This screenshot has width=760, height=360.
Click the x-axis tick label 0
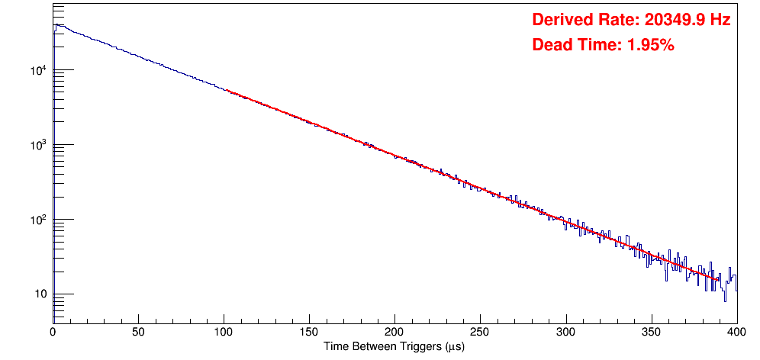[53, 332]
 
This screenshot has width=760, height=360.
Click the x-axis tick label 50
[138, 332]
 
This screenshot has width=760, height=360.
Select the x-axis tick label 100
[224, 332]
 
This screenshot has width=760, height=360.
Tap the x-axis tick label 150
[309, 332]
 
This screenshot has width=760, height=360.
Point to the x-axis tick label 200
[394, 332]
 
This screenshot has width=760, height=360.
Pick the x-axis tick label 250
[480, 332]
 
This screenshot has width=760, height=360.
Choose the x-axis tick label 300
[565, 332]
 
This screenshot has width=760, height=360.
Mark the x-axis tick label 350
[651, 332]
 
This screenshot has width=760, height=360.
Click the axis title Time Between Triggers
[394, 346]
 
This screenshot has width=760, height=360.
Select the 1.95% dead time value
[650, 46]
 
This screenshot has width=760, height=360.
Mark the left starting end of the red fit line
[227, 91]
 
